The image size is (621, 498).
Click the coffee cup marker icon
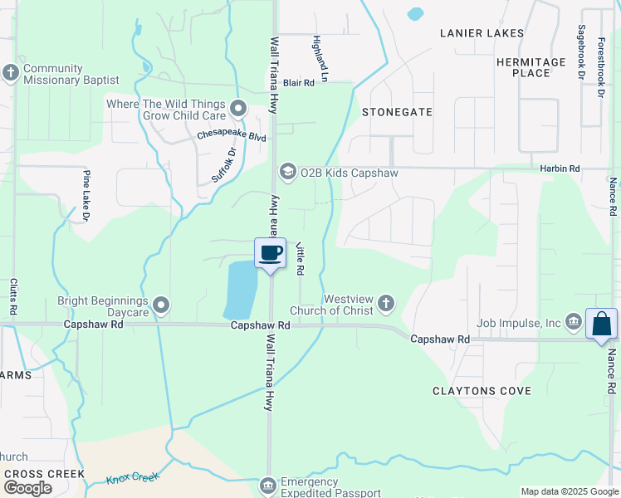click(270, 252)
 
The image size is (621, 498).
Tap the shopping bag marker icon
click(601, 324)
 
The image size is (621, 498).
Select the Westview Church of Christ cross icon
click(385, 305)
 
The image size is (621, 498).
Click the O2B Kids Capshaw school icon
click(287, 172)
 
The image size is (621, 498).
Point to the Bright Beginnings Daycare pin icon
click(161, 306)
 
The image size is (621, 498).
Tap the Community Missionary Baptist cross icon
click(10, 72)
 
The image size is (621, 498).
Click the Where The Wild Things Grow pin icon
click(239, 108)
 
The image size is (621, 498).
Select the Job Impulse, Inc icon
click(573, 322)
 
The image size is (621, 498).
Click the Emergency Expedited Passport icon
click(267, 485)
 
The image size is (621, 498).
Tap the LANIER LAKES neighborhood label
click(482, 33)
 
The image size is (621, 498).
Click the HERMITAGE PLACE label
click(531, 67)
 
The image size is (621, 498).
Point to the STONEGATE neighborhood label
click(398, 111)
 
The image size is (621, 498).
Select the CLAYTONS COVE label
click(481, 390)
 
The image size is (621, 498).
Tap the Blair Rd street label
click(299, 83)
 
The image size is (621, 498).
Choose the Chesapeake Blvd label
click(232, 135)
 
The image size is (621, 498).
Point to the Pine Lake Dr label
click(86, 196)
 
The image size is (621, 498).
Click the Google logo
click(27, 488)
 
